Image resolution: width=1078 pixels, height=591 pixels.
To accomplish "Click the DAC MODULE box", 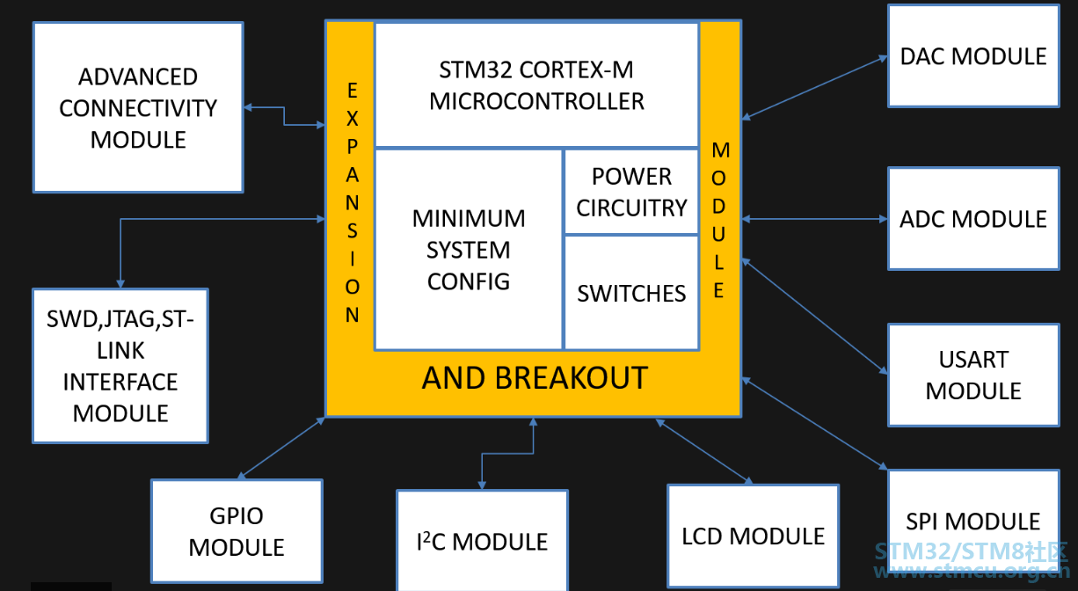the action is coord(973,55).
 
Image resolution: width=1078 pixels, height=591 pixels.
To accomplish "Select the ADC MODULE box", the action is coord(973,218).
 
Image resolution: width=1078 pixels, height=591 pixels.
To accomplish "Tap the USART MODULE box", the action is coord(973,375).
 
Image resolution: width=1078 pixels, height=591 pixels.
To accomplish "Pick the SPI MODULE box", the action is coord(973,521).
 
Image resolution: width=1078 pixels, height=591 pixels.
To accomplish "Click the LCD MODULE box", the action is coord(754,536).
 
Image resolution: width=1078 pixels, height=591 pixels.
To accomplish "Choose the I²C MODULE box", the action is coord(482,541).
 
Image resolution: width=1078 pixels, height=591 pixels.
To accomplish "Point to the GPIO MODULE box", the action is coord(237,531).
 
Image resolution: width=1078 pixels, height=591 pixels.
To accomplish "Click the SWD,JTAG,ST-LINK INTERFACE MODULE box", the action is coord(120,366).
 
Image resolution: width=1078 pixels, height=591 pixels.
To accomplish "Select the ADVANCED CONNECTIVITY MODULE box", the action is coord(138,107).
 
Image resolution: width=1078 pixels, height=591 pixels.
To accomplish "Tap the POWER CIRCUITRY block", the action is coord(631,192).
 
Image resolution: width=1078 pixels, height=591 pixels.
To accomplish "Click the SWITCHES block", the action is coord(631,293).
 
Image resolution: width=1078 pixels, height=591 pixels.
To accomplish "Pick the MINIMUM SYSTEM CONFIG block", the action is coord(469,249).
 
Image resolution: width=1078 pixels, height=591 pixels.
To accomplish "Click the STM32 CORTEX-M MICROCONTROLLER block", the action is coord(536,84).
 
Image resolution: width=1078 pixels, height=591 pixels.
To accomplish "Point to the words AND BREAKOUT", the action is coord(535,378).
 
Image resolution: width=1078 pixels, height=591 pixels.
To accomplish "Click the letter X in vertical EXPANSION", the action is coord(353,119).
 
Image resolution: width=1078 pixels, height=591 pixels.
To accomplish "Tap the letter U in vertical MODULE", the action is coord(718,235).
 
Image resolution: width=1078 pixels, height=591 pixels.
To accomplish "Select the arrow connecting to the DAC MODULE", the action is coord(814,87).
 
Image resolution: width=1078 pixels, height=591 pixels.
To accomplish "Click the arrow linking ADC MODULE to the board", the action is coord(814,219).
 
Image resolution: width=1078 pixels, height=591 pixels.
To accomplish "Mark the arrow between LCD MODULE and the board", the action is coord(704,451).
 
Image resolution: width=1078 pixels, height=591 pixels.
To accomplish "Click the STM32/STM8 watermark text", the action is coord(971,551).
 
